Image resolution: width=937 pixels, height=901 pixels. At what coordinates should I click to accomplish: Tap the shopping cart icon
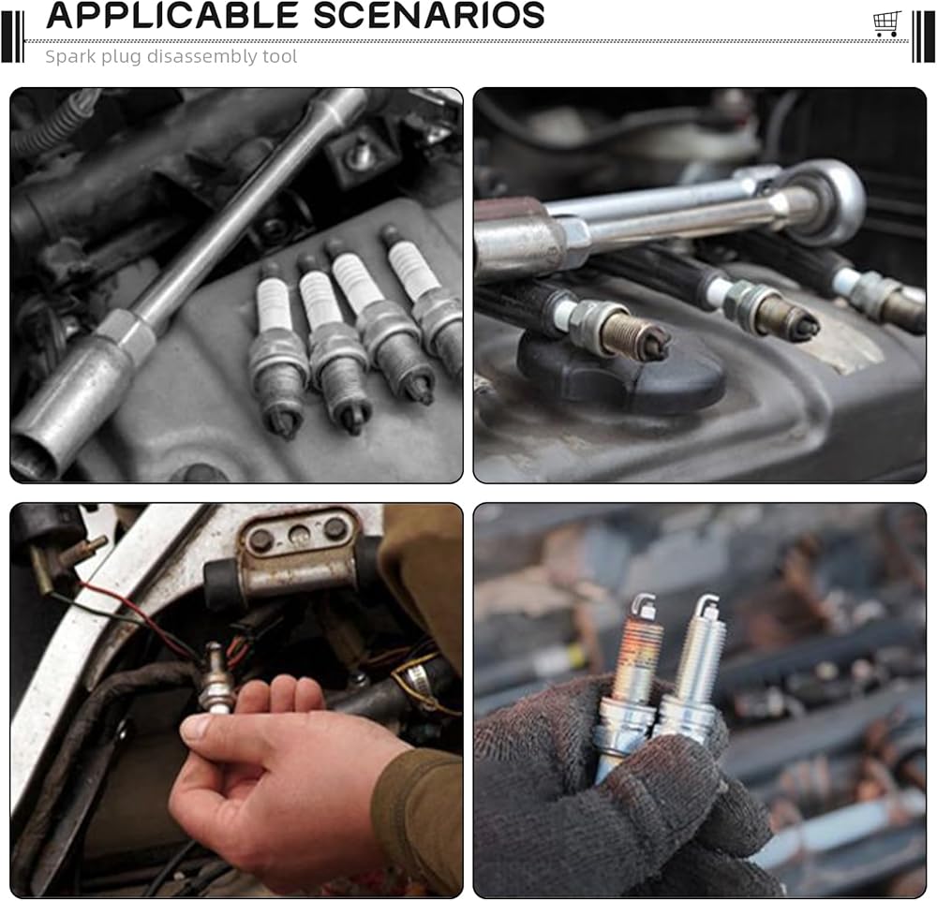[x=886, y=24]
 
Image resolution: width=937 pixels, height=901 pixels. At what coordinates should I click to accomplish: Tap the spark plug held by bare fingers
[x=216, y=678]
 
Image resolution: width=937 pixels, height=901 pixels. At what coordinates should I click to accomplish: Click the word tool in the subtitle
[x=279, y=57]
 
